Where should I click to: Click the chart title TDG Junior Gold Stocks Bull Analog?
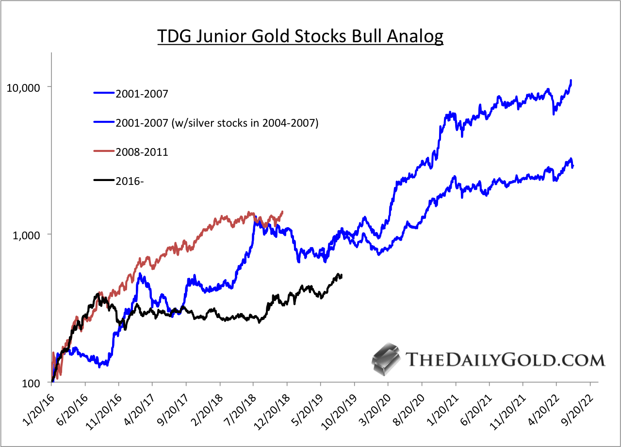pyautogui.click(x=300, y=36)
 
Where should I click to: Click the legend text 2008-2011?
pyautogui.click(x=142, y=152)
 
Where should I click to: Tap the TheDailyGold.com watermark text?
pyautogui.click(x=505, y=360)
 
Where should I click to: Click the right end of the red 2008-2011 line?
pyautogui.click(x=282, y=212)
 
